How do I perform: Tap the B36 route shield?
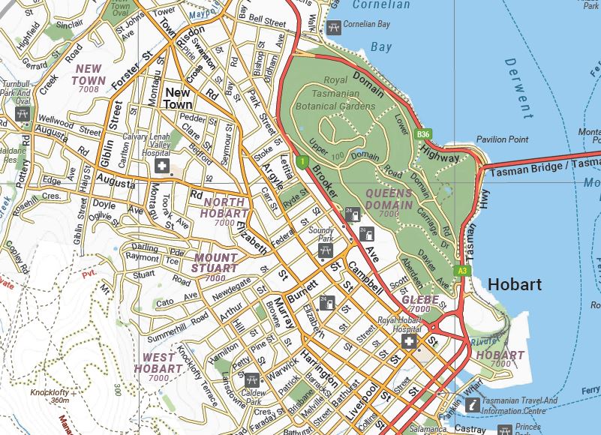pos(423,134)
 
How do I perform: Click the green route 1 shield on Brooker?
pos(302,161)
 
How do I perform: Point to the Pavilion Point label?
pos(502,140)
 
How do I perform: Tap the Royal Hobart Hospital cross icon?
pos(409,342)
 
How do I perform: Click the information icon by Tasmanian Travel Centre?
pos(472,405)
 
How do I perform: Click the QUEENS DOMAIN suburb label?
pos(389,199)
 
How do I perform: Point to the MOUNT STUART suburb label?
pos(214,262)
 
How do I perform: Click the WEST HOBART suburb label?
pos(158,363)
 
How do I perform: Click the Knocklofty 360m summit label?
pos(50,396)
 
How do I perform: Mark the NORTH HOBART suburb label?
pos(224,208)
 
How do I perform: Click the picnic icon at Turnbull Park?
pos(23,113)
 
